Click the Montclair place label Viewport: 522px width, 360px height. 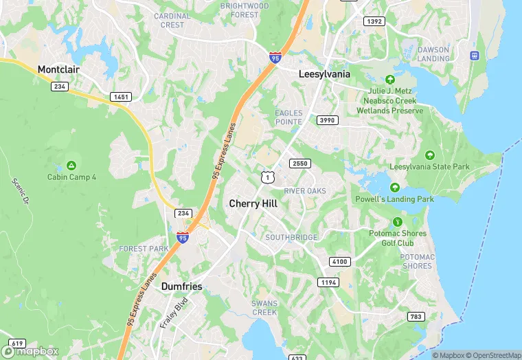coord(60,69)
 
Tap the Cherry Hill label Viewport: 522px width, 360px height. coord(253,204)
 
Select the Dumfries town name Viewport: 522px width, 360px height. coord(182,286)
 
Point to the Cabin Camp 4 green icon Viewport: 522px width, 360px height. coord(71,166)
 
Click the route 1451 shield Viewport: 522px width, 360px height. coord(121,97)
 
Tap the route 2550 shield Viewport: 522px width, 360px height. coord(300,164)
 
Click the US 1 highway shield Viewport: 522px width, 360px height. coord(266,177)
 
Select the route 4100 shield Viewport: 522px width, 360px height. coord(340,262)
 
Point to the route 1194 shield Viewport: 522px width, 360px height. coord(328,282)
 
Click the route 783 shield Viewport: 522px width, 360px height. coord(416,316)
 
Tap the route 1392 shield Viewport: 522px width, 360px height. coord(375,21)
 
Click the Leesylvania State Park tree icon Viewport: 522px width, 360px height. coord(429,155)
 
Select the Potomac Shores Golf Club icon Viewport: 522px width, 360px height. coord(397,222)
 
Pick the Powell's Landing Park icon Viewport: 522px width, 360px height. coord(394,188)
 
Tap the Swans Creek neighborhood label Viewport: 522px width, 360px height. coord(264,307)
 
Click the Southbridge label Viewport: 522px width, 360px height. coord(291,238)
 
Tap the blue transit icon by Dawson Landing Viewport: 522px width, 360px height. coord(473,55)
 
